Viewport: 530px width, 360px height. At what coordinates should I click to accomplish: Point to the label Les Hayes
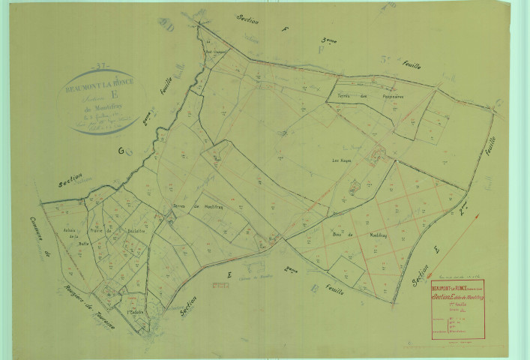click(x=343, y=159)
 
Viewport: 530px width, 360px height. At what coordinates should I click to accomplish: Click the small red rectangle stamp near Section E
click(x=220, y=284)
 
